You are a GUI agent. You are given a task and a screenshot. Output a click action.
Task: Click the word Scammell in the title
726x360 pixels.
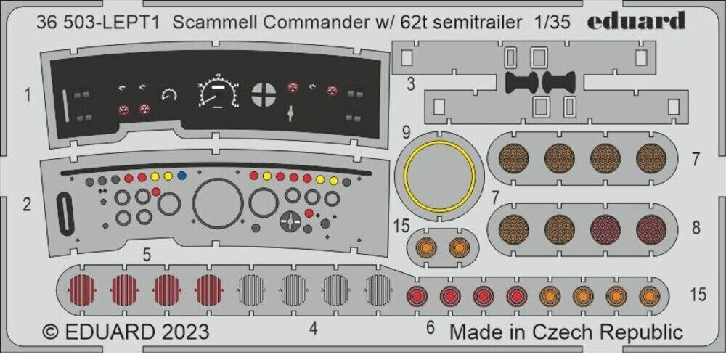point(210,22)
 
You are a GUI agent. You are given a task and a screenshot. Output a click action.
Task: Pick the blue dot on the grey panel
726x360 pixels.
point(181,176)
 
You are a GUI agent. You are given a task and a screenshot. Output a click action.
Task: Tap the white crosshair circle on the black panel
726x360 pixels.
point(263,93)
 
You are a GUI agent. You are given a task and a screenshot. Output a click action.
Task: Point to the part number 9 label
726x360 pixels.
point(407,132)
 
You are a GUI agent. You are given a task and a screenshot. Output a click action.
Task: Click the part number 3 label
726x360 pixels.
point(410,84)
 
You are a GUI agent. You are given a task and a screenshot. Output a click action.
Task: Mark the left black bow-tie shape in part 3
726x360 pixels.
point(519,82)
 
